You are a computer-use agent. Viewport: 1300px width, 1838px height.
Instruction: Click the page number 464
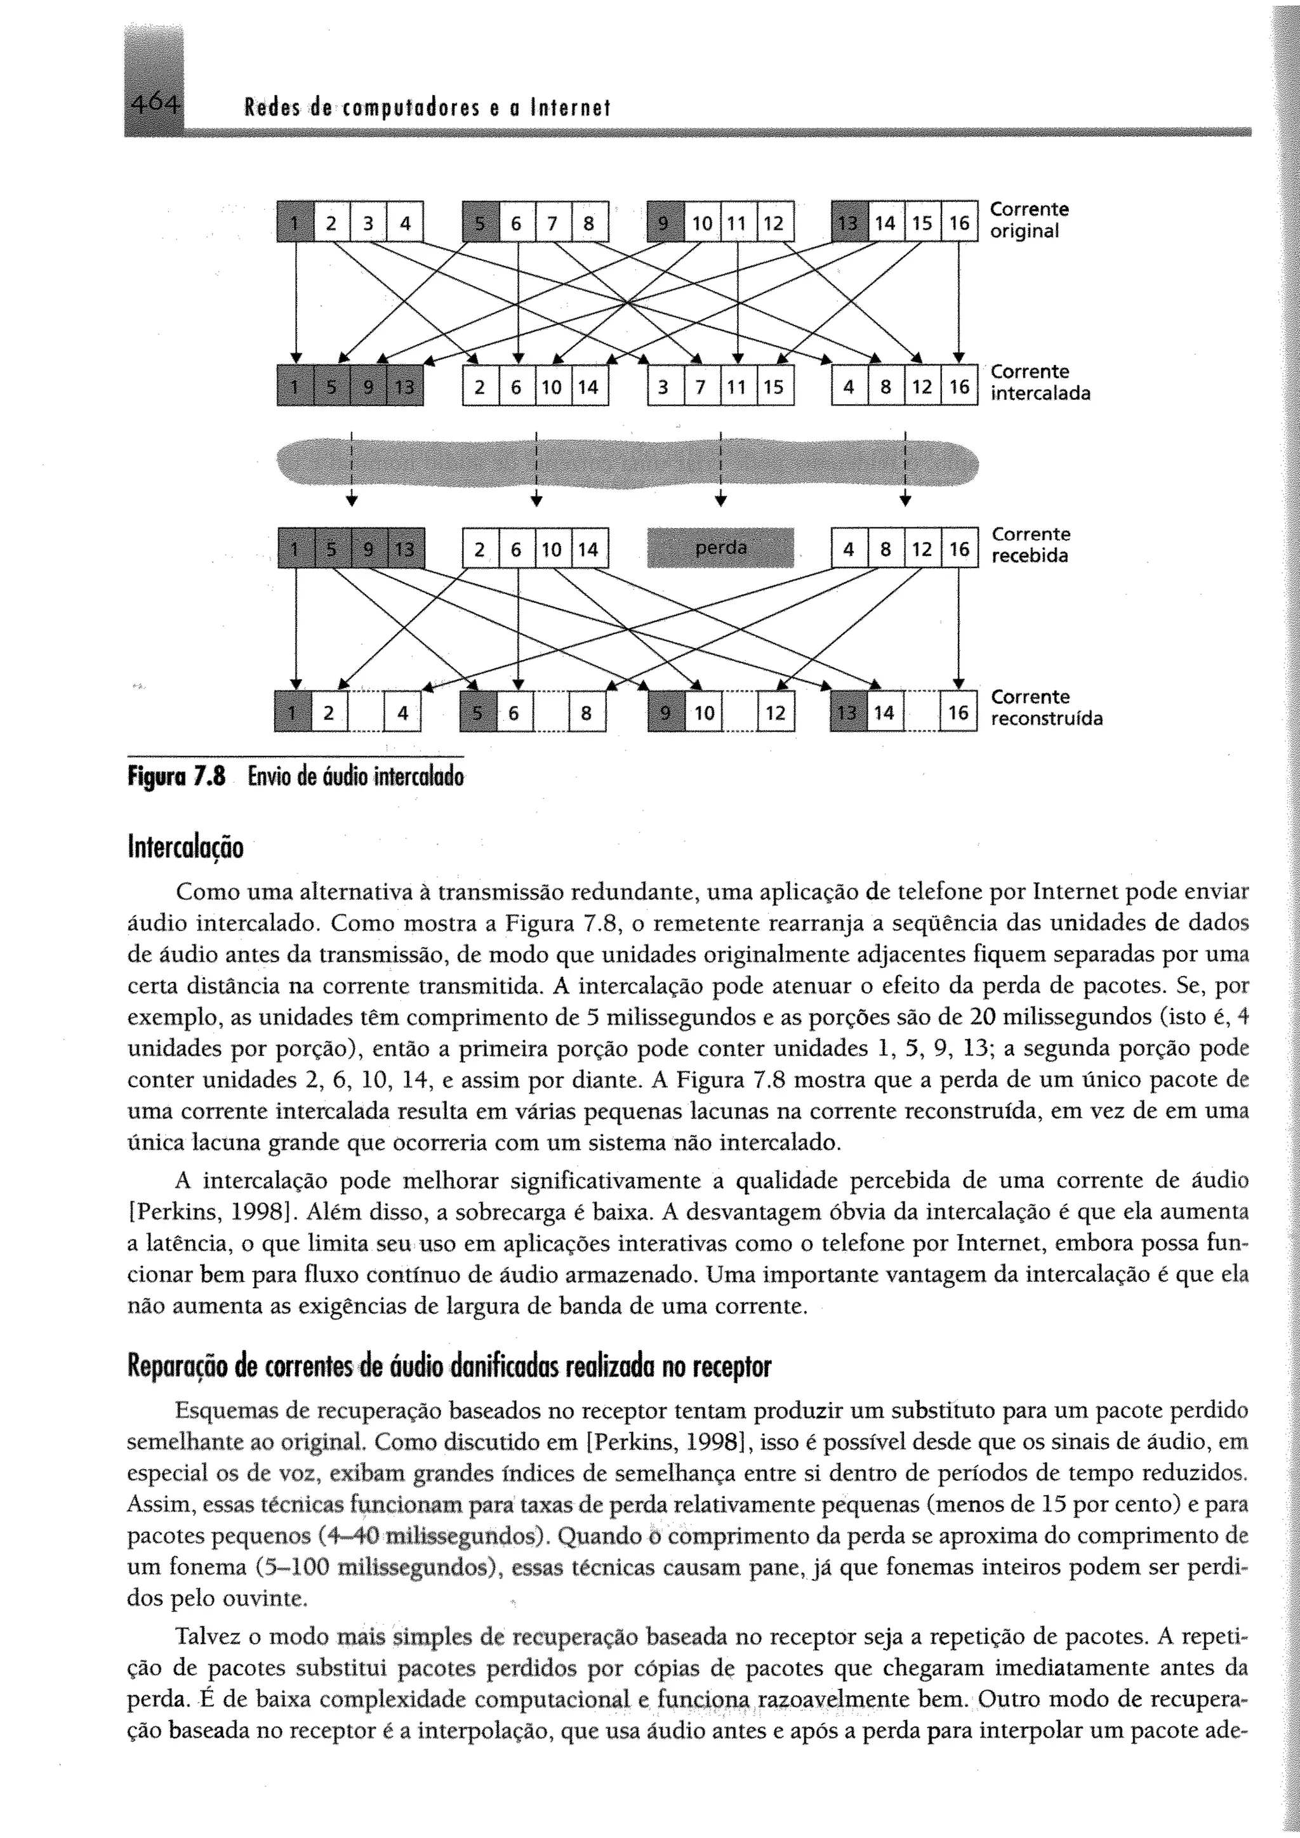154,104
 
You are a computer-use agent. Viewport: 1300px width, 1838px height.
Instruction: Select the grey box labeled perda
720,548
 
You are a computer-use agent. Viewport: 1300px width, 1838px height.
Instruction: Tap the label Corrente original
1028,220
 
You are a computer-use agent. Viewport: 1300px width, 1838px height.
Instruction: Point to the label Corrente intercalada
1040,383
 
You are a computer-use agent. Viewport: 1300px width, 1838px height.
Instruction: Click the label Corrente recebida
1030,545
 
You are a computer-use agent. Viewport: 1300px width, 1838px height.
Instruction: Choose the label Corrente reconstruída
1046,708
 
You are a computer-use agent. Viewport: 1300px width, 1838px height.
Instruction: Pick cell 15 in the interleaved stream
773,387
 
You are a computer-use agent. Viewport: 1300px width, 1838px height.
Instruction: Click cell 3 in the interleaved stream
663,387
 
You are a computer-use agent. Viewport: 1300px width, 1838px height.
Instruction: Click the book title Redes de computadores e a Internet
427,108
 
